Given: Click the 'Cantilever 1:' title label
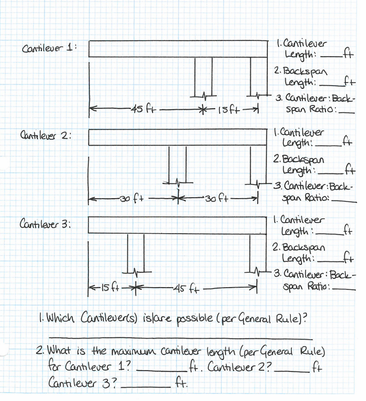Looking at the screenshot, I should click(x=48, y=48).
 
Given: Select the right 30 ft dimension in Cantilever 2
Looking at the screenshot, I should click(x=214, y=200).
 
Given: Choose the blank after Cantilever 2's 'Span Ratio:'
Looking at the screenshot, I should click(x=344, y=201).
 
